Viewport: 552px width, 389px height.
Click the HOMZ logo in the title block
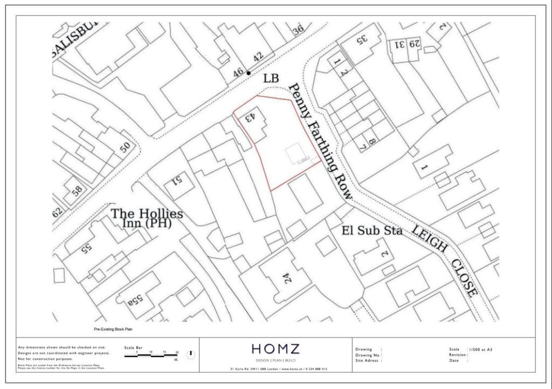click(x=275, y=349)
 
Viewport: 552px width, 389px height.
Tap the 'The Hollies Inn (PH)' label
click(x=147, y=218)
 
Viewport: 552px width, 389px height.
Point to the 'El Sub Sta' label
click(x=372, y=230)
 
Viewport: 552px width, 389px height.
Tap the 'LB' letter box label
click(x=271, y=79)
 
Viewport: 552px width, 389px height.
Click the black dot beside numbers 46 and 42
click(x=249, y=73)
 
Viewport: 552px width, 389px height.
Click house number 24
click(x=287, y=278)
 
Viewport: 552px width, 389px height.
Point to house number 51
click(x=177, y=181)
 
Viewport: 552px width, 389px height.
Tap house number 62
click(x=58, y=212)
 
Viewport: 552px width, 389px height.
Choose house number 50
click(x=125, y=147)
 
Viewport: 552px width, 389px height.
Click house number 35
click(x=362, y=39)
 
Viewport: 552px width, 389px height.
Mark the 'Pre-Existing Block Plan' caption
click(x=113, y=329)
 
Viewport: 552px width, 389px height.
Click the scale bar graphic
click(x=153, y=356)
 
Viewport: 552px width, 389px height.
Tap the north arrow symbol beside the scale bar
click(x=190, y=354)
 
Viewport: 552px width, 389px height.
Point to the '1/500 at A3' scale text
click(x=481, y=349)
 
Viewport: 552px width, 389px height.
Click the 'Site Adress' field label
click(x=369, y=360)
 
